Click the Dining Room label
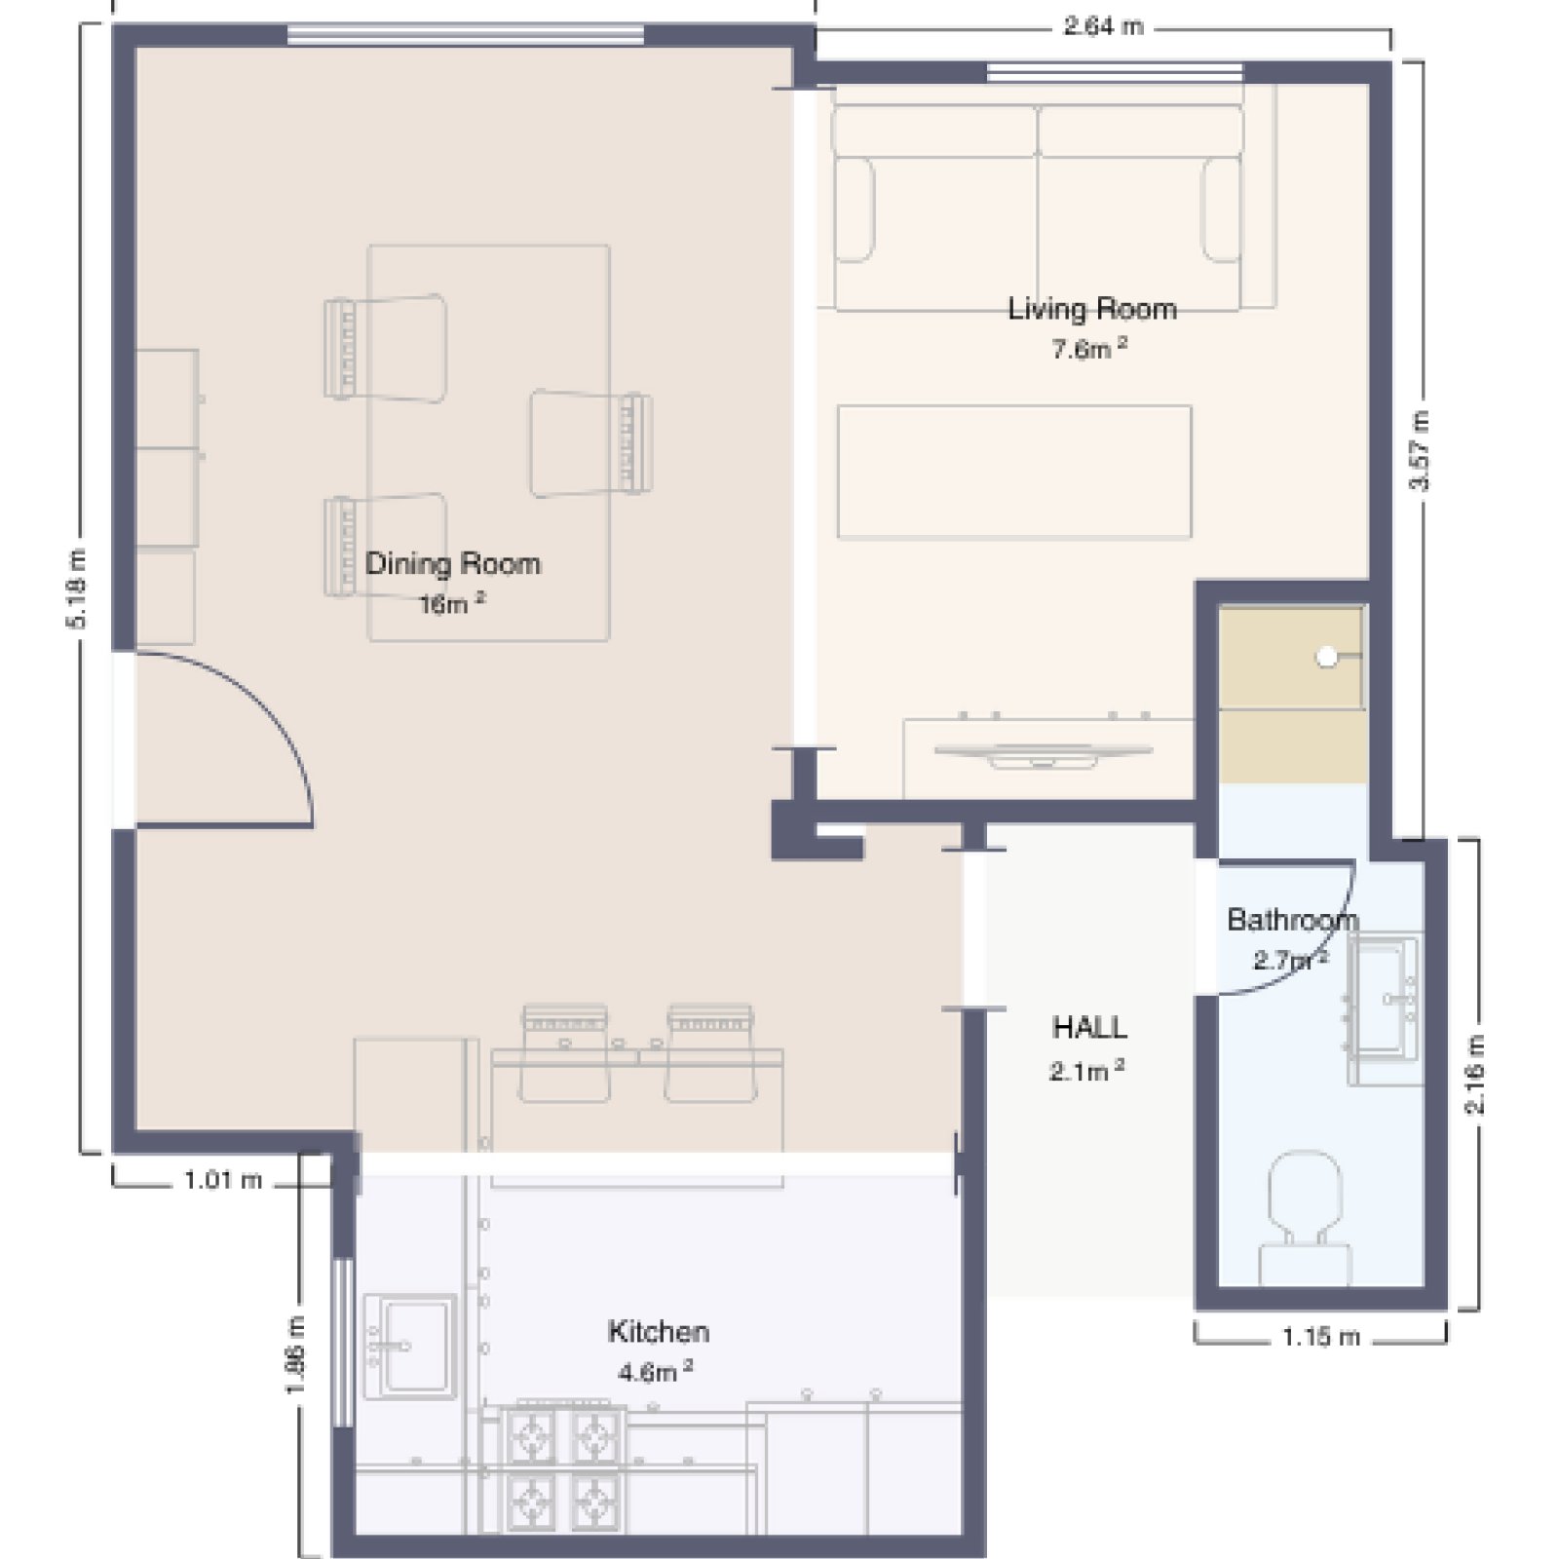tap(452, 563)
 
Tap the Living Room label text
tap(1091, 309)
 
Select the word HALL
tap(1089, 1027)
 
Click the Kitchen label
tap(659, 1331)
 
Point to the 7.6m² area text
tap(1089, 348)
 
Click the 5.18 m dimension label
tap(78, 589)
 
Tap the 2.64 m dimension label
tap(1103, 26)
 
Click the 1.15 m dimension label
tap(1320, 1336)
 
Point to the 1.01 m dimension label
tap(223, 1180)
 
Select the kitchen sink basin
tap(409, 1346)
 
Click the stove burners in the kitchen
tap(563, 1468)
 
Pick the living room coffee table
tap(1014, 472)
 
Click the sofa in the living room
tap(1039, 208)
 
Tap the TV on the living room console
tap(1043, 753)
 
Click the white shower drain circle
tap(1326, 657)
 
